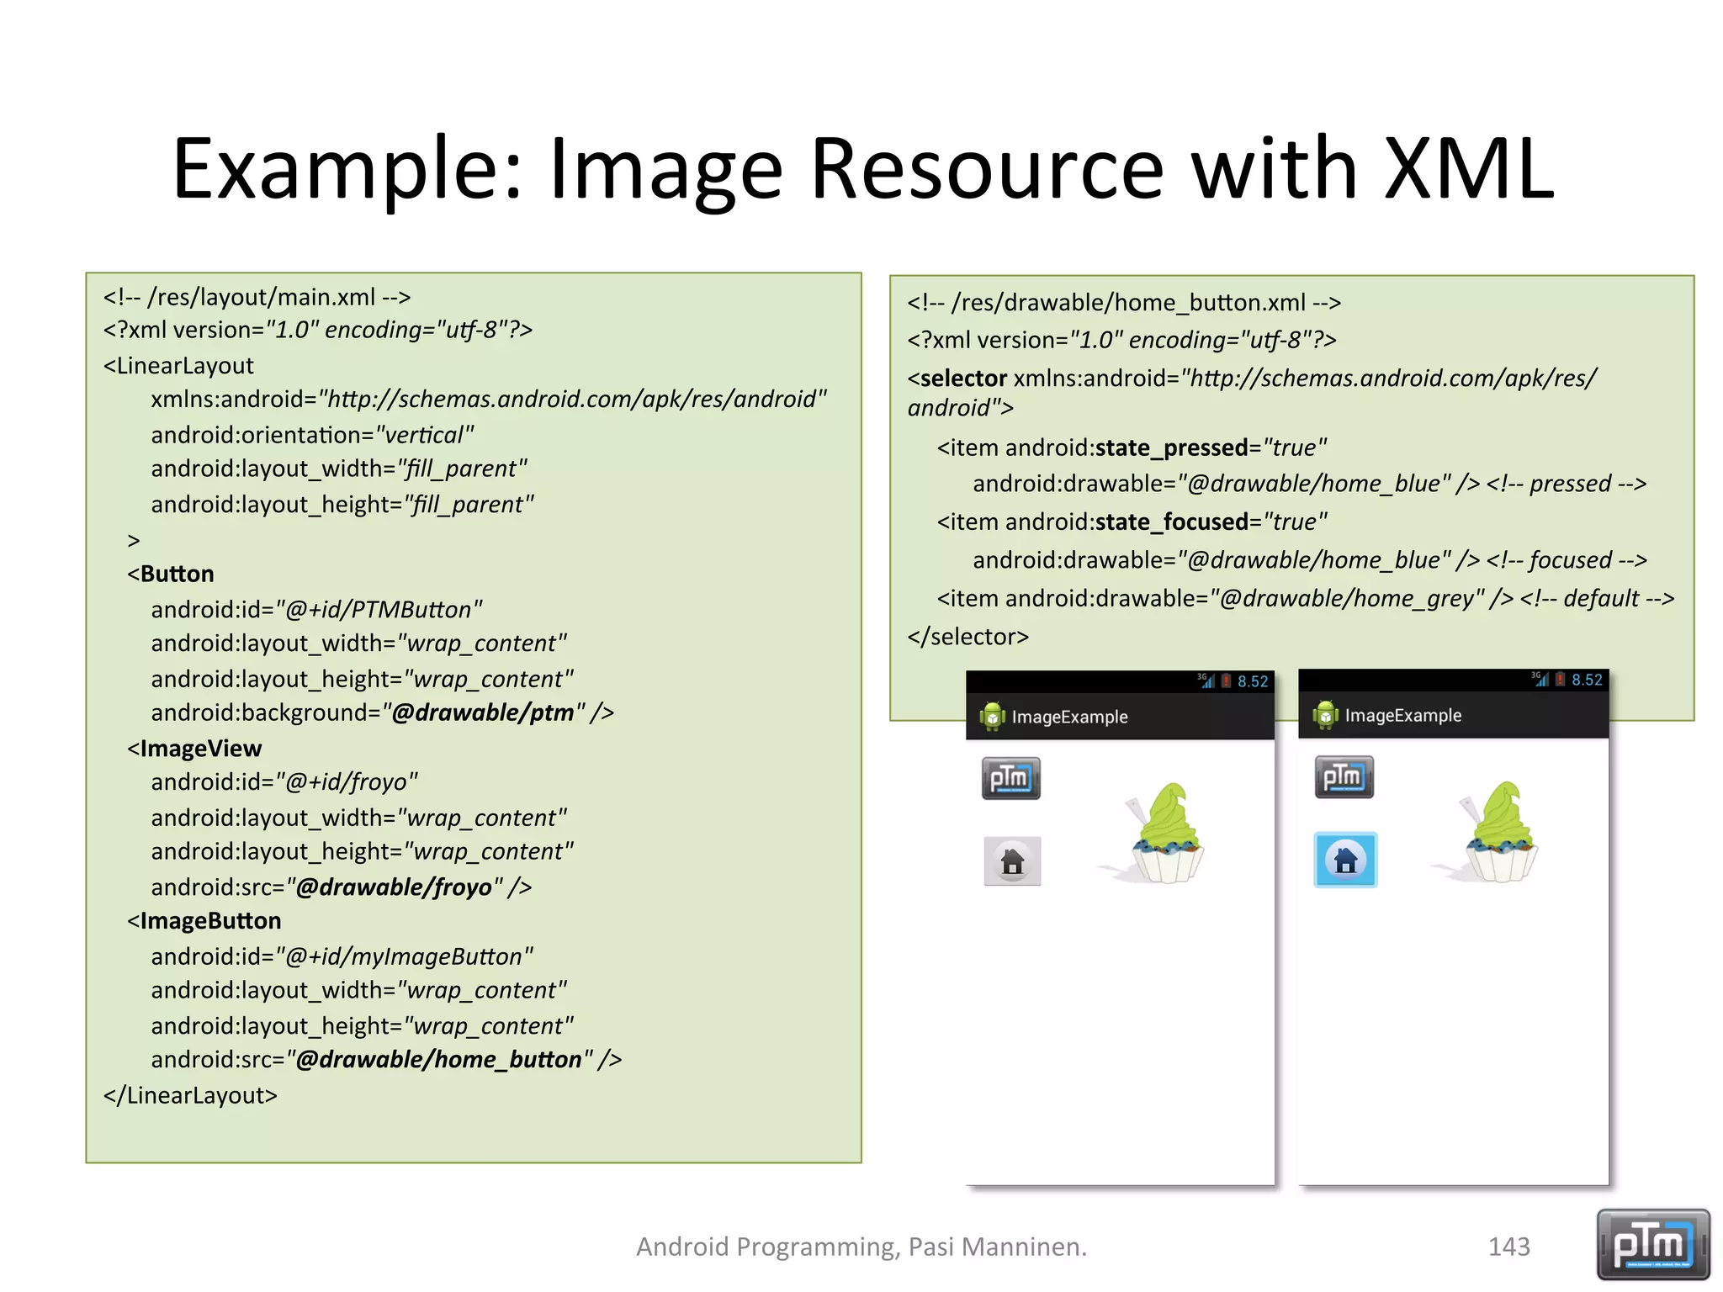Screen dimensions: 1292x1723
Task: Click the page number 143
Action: pyautogui.click(x=1508, y=1246)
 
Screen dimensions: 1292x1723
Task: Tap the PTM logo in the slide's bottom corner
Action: pyautogui.click(x=1652, y=1244)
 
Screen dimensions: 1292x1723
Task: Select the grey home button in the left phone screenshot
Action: pyautogui.click(x=1012, y=860)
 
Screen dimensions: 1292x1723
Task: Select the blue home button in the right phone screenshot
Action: pyautogui.click(x=1345, y=860)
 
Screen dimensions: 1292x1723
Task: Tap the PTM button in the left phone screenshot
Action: pyautogui.click(x=1010, y=778)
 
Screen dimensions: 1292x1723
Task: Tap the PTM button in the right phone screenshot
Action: pyautogui.click(x=1344, y=776)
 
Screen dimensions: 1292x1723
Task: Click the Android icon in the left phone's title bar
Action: pyautogui.click(x=992, y=717)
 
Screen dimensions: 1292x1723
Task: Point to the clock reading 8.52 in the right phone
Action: pyautogui.click(x=1587, y=680)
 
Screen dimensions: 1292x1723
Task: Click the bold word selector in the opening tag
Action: pyautogui.click(x=963, y=379)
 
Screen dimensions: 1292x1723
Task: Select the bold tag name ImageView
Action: pyautogui.click(x=201, y=748)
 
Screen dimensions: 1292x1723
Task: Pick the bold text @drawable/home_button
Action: pyautogui.click(x=438, y=1059)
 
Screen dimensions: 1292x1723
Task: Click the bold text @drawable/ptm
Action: pyautogui.click(x=483, y=712)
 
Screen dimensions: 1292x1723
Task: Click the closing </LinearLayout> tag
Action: pyautogui.click(x=190, y=1095)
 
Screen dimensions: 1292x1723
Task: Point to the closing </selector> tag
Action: pyautogui.click(x=968, y=637)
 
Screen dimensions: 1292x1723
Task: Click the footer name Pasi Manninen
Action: pyautogui.click(x=997, y=1246)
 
